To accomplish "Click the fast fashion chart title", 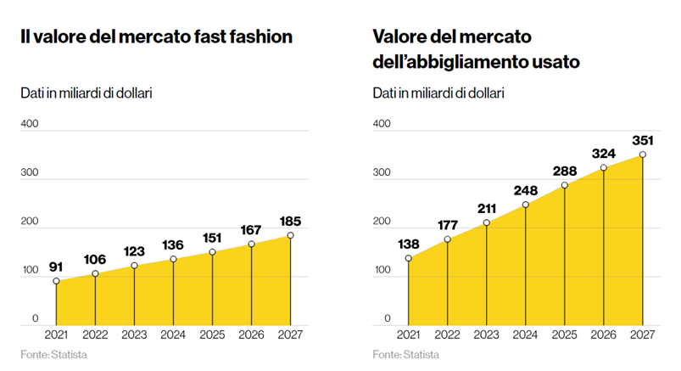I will [157, 37].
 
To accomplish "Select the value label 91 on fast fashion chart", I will [56, 266].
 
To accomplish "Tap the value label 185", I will [290, 221].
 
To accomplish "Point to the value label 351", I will [642, 139].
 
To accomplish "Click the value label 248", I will [525, 190].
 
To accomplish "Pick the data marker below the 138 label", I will [409, 258].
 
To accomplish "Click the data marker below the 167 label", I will [251, 245].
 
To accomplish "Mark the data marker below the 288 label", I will [565, 185].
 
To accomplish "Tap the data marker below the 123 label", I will [134, 266].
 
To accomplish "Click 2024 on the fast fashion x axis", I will [173, 334].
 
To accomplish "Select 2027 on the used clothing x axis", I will [642, 334].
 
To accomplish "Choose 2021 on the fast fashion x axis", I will [56, 334].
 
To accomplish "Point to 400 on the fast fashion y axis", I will [30, 124].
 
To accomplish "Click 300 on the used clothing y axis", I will [382, 172].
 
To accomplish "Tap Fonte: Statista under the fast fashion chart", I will [54, 353].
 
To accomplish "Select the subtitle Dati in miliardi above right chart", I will [438, 93].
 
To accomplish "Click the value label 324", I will [603, 153].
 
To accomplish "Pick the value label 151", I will [212, 237].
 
